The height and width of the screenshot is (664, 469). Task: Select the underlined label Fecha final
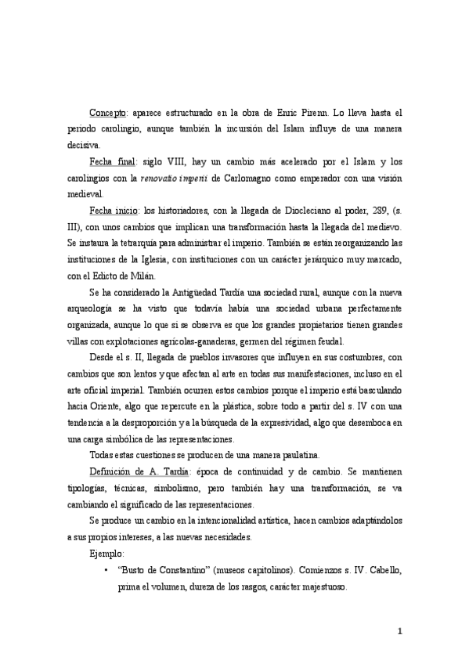point(112,162)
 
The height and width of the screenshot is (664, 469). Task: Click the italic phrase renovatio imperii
point(174,178)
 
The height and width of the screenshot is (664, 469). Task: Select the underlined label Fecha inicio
point(114,211)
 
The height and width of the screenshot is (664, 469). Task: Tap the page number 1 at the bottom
point(399,631)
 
